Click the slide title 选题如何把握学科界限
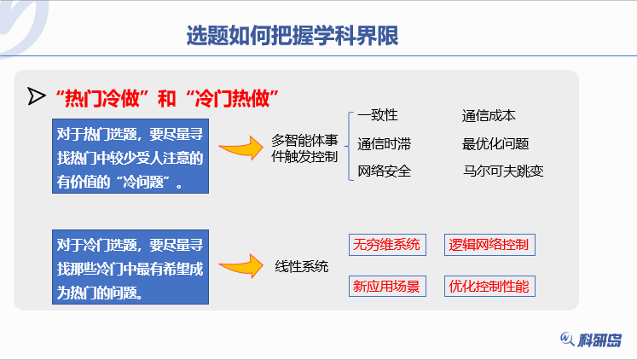(292, 36)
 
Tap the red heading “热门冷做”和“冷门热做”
(167, 97)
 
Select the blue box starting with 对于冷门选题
(130, 268)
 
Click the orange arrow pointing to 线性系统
(240, 266)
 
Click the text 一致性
(378, 115)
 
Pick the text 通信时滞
(385, 143)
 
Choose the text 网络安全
(385, 171)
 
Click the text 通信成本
(489, 115)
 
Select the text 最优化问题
(495, 143)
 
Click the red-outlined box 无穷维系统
(387, 245)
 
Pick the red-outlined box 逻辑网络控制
(489, 245)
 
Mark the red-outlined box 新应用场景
(387, 287)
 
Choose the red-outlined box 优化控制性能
(489, 287)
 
